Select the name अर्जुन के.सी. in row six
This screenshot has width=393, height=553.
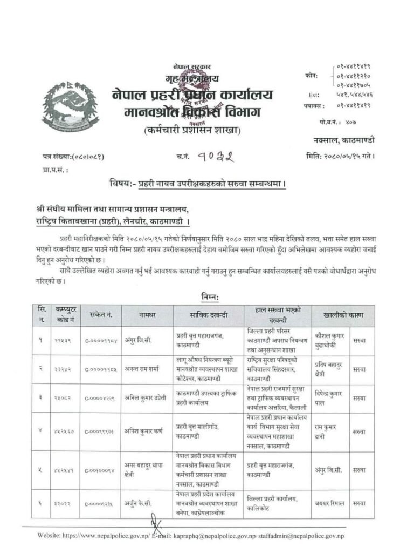142,504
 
